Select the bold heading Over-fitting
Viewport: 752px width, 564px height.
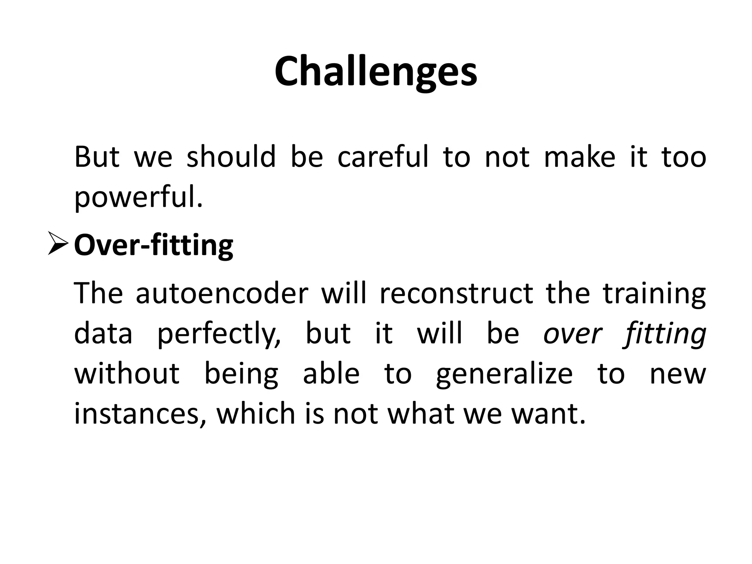click(x=153, y=245)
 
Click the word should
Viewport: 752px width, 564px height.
click(x=231, y=157)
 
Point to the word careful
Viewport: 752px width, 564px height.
click(x=382, y=157)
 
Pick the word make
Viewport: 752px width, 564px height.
click(x=579, y=157)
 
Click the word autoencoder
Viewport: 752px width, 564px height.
click(x=222, y=294)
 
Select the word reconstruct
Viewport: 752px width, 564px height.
click(x=456, y=294)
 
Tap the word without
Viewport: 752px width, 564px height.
click(x=127, y=374)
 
